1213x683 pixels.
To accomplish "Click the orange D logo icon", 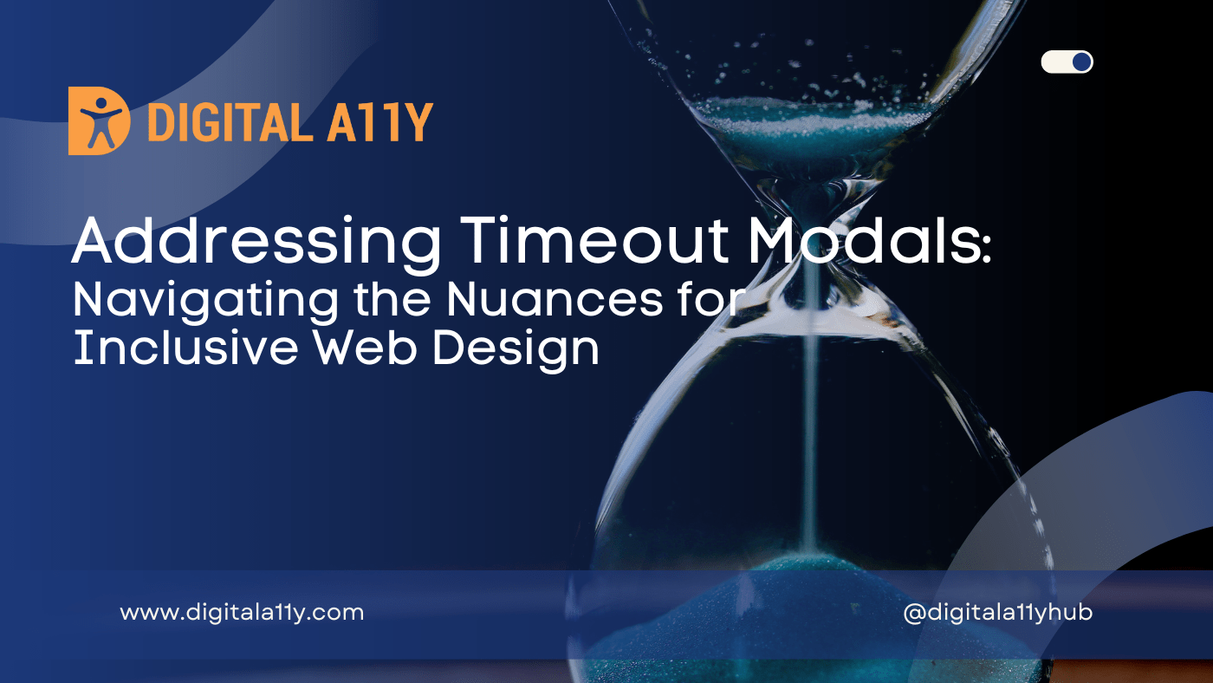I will click(99, 120).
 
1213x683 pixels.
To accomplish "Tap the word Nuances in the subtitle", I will click(532, 298).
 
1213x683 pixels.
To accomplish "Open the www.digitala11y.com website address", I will click(242, 613).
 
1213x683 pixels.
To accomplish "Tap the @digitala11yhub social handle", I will click(997, 613).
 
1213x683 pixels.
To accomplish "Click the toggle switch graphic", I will click(1067, 62).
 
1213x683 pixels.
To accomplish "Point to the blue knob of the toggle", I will click(1080, 62).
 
